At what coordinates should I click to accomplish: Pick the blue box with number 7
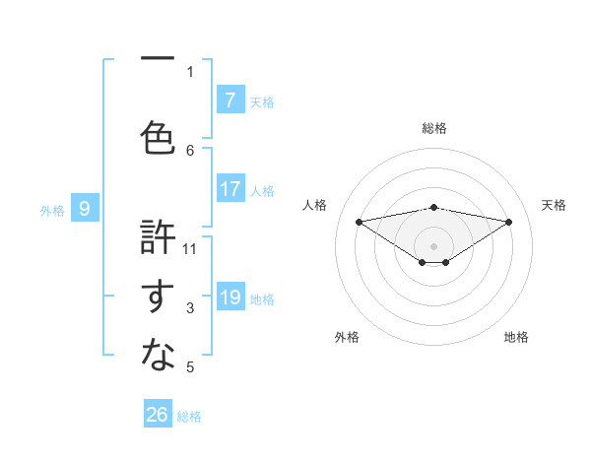tap(230, 100)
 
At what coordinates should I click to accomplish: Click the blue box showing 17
tap(230, 189)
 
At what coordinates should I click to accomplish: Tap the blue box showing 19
tap(230, 298)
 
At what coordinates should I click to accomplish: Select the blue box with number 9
tap(85, 208)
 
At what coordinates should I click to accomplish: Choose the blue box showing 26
tap(158, 415)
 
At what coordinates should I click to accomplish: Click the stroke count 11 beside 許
tap(190, 248)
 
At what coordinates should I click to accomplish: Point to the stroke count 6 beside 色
tap(190, 150)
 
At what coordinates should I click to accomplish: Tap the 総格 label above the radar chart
tap(433, 128)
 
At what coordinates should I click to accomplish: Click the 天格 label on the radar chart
tap(554, 205)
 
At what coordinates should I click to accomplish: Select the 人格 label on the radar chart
tap(314, 205)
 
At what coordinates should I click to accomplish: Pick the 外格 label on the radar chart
tap(347, 337)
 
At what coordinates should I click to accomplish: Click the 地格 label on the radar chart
tap(516, 337)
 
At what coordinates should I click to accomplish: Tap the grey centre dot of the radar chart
tap(433, 245)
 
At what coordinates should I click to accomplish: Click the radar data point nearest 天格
tap(509, 222)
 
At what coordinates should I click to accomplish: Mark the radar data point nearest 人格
tap(359, 221)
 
